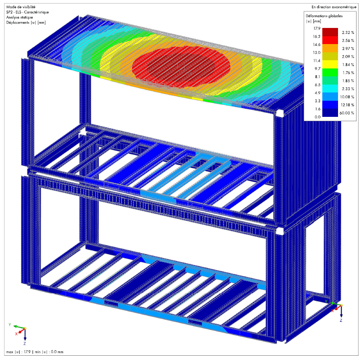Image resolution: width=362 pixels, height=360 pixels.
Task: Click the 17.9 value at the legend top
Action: (x=317, y=28)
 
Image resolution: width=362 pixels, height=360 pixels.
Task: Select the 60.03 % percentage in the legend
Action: (x=347, y=113)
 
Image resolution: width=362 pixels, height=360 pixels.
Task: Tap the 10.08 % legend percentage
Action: (x=347, y=97)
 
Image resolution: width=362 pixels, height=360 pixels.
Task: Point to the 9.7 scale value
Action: (x=318, y=68)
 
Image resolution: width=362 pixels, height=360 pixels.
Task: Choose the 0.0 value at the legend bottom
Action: (x=318, y=117)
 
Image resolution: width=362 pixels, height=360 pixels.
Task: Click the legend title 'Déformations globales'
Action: (x=324, y=16)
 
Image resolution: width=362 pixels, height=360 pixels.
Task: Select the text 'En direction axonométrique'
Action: (x=334, y=7)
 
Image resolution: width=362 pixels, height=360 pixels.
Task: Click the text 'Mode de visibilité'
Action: (x=21, y=7)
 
